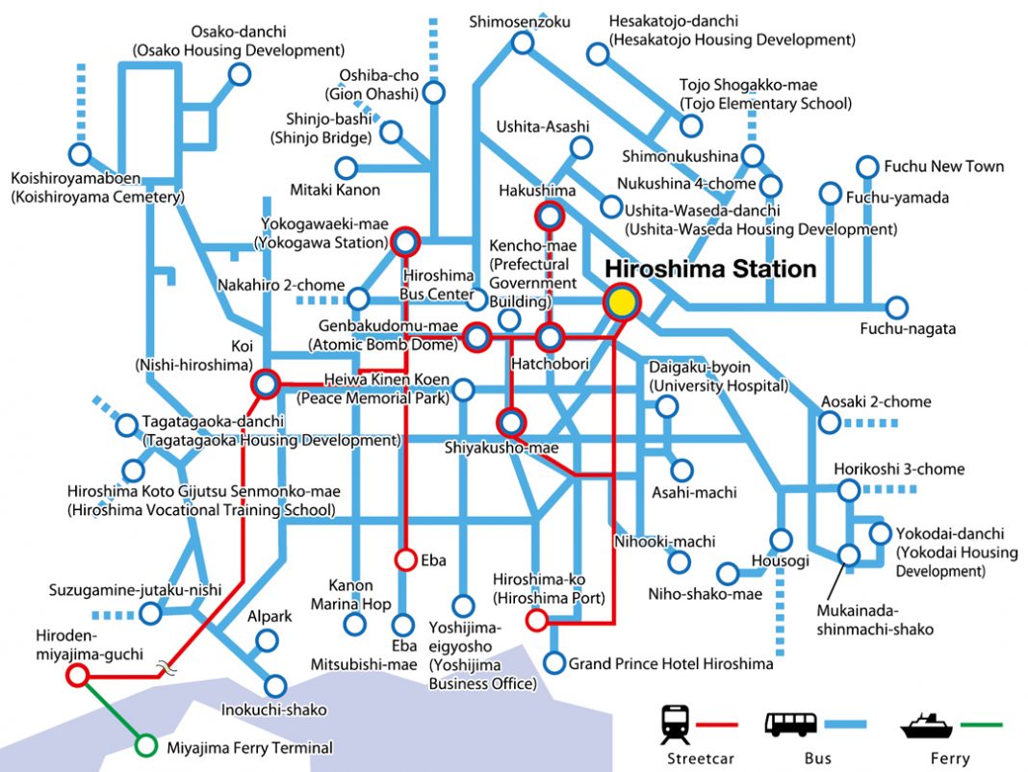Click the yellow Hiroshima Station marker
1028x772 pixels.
click(x=623, y=302)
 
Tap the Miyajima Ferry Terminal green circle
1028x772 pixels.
click(x=146, y=745)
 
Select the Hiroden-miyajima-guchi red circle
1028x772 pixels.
click(x=77, y=676)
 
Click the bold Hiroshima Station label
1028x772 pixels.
click(x=710, y=270)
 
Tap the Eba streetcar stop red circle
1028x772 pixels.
click(x=405, y=559)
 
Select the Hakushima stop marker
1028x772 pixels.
click(x=551, y=216)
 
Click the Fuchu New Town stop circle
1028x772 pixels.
click(x=866, y=166)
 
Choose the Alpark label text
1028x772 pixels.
click(x=262, y=615)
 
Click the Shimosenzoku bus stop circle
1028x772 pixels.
click(x=523, y=41)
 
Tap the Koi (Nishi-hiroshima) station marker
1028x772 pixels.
click(x=265, y=385)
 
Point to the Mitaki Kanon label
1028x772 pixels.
click(x=335, y=190)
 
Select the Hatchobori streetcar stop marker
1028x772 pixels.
click(x=550, y=337)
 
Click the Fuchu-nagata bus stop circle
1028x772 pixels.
click(x=896, y=308)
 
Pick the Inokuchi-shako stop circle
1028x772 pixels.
click(x=275, y=686)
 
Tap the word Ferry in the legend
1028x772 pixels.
click(x=950, y=759)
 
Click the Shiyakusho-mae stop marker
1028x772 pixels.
click(x=511, y=422)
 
